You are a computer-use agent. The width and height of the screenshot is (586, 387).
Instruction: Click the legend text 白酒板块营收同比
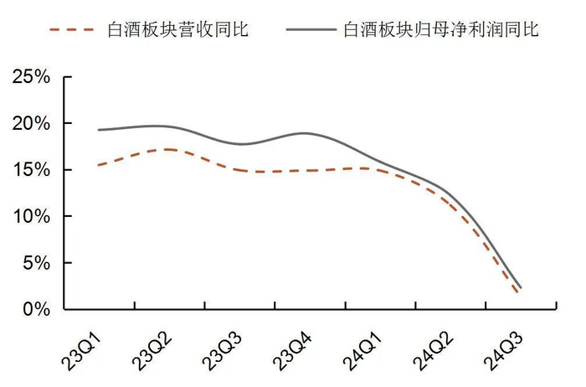click(178, 29)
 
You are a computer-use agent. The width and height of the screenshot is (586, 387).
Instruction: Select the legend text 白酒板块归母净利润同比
click(441, 29)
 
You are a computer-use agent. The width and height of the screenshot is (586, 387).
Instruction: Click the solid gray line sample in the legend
click(311, 29)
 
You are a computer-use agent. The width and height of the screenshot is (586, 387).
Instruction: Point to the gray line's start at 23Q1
click(99, 130)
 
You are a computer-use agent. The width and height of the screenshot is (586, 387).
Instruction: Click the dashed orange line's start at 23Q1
click(99, 165)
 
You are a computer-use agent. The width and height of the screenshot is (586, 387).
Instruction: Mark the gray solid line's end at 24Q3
click(522, 288)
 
